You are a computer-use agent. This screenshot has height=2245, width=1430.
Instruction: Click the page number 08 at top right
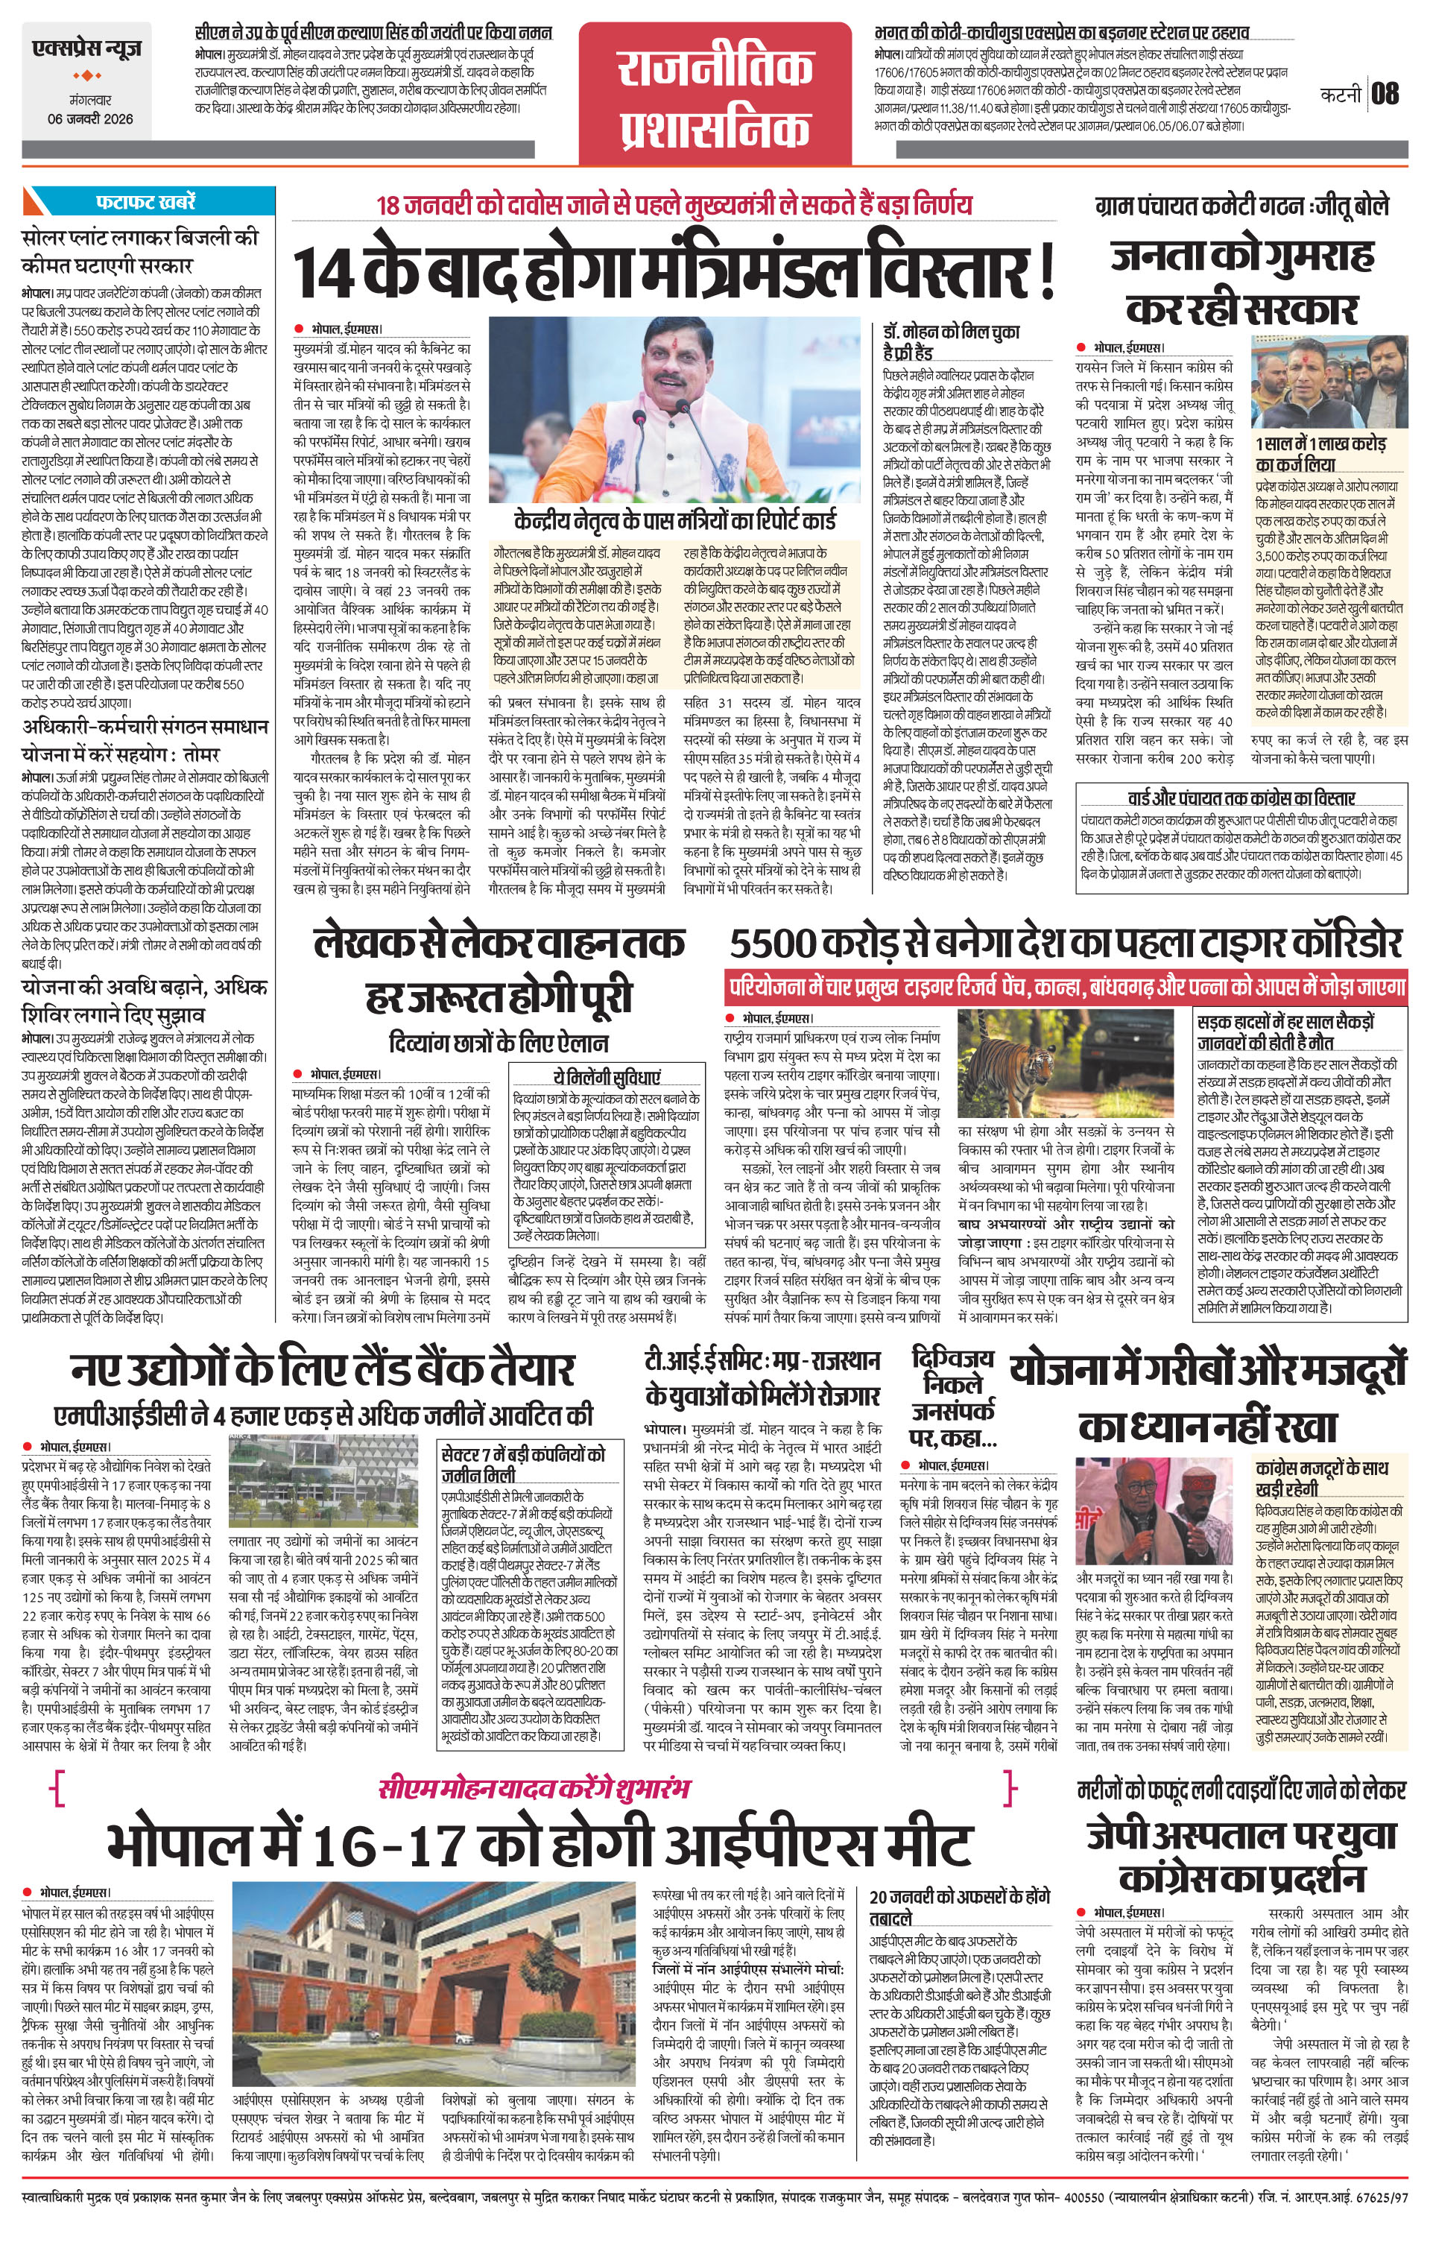coord(1385,93)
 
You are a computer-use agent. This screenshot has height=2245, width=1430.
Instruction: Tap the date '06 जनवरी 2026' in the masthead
coord(90,119)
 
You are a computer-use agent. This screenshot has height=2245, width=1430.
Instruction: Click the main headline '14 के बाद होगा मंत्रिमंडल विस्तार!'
coord(675,271)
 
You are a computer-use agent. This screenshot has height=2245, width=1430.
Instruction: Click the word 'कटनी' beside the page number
coord(1341,94)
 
